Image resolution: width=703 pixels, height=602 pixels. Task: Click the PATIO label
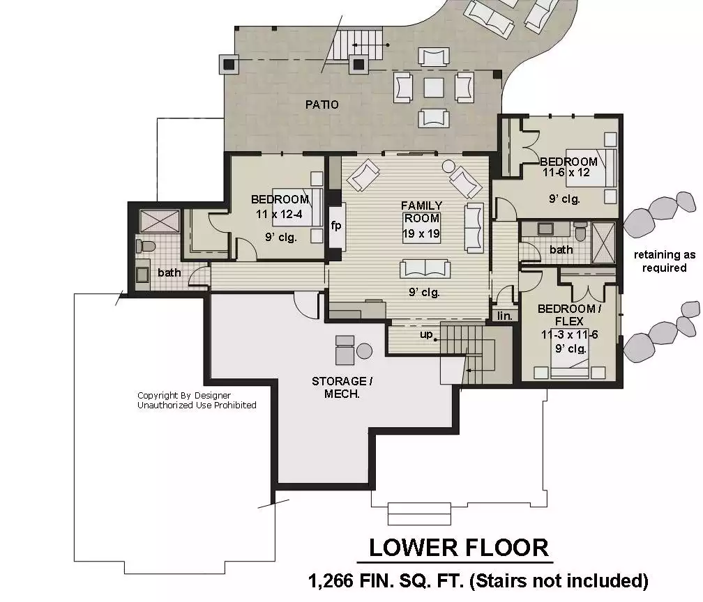coord(322,105)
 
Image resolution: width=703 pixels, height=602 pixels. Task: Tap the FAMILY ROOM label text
coord(421,212)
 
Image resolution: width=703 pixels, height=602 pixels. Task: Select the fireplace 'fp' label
coord(336,225)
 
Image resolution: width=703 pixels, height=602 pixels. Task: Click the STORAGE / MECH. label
coord(342,387)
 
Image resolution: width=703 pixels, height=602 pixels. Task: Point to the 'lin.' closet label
coord(505,316)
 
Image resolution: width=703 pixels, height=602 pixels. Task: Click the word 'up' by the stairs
coord(426,334)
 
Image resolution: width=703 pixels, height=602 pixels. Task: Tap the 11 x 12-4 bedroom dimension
coord(279,214)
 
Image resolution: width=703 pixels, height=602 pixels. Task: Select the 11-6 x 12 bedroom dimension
coord(566,173)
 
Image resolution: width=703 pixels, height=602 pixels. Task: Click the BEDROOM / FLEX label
coord(569,315)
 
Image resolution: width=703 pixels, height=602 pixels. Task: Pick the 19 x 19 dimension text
coord(421,233)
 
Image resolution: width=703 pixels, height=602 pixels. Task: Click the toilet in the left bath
coord(146,246)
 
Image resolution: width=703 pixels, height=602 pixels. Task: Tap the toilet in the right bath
coord(580,231)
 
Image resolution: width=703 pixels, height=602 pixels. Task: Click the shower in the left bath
coord(160,222)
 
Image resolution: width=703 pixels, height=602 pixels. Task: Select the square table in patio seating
coord(434,87)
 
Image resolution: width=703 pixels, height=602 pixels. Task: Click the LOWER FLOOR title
coord(459,548)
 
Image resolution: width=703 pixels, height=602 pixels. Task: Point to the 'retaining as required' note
coord(665,261)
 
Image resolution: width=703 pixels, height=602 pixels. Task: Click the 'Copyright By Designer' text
coord(184,396)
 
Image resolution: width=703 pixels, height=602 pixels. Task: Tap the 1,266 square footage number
coord(331,581)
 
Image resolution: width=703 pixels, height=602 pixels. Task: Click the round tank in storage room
coord(364,350)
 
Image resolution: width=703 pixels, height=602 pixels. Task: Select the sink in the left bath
coord(142,274)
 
